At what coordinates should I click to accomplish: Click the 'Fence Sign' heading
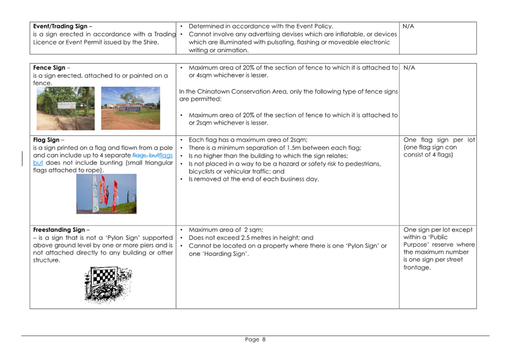(x=50, y=68)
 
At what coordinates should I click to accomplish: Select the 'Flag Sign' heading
(x=47, y=139)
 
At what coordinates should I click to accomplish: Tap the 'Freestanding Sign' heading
(x=59, y=230)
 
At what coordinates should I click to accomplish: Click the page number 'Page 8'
(x=255, y=340)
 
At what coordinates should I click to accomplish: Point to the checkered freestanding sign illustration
(x=109, y=284)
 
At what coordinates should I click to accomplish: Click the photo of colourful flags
(x=106, y=194)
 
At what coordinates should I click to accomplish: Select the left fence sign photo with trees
(x=66, y=108)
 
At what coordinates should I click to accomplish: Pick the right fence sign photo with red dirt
(x=131, y=108)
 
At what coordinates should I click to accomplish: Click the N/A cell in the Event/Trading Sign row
(x=409, y=26)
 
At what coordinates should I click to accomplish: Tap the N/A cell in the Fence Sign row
(x=409, y=68)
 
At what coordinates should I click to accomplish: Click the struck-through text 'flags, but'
(x=146, y=155)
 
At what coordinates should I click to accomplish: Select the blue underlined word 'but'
(x=38, y=163)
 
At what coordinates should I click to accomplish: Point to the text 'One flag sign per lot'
(x=439, y=139)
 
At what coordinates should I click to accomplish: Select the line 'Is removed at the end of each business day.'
(x=254, y=179)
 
